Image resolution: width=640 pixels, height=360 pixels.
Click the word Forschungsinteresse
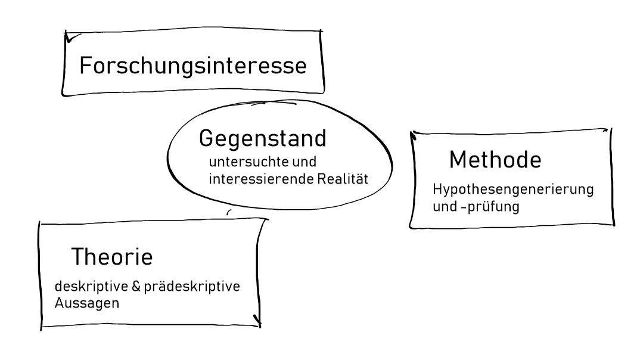(192, 66)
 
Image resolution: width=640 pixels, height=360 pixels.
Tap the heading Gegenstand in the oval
(262, 139)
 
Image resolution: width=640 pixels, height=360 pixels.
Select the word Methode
(495, 159)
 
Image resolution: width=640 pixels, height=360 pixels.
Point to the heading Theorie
(112, 257)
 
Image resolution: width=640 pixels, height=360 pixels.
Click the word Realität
(343, 179)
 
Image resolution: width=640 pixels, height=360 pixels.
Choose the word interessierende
(261, 179)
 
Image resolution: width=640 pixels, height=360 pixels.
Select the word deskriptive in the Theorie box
(91, 286)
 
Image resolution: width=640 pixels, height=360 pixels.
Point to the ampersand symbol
(136, 286)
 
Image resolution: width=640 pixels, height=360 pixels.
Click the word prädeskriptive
(192, 287)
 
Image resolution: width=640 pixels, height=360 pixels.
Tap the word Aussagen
(87, 303)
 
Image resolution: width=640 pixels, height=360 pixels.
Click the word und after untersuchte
(305, 162)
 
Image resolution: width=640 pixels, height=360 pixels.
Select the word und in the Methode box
(445, 207)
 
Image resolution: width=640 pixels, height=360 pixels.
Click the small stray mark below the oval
(229, 212)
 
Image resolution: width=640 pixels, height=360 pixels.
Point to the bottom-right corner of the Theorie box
(259, 325)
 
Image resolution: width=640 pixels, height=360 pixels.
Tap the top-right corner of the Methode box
(610, 130)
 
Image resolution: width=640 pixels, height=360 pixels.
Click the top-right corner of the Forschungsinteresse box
(321, 31)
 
